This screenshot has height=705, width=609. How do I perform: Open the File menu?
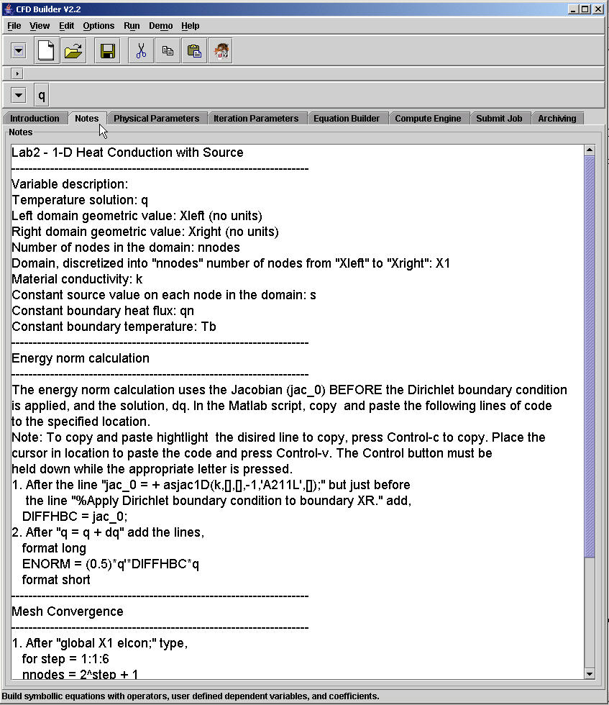(x=14, y=26)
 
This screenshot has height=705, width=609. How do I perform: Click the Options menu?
(x=99, y=26)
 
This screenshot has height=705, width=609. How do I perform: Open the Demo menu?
(x=160, y=26)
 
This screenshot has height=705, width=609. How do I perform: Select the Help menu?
(x=191, y=26)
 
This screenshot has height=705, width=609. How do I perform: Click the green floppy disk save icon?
(x=108, y=51)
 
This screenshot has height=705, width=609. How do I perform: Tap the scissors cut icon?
(x=141, y=51)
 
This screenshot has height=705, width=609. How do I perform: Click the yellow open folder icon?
(x=73, y=51)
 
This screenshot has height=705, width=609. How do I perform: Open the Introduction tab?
(x=35, y=119)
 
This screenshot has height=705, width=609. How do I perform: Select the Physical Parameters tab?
(x=156, y=119)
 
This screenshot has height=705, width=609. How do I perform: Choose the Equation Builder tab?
(x=347, y=119)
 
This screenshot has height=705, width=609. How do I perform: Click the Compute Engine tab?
(x=428, y=119)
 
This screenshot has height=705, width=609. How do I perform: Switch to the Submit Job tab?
(x=499, y=119)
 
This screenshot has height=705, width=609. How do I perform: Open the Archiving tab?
(x=557, y=119)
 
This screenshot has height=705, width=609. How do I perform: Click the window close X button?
(x=599, y=9)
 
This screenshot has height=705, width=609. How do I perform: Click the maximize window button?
(x=586, y=9)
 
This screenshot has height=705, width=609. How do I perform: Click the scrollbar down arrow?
(x=590, y=673)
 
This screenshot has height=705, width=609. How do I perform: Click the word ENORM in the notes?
(x=45, y=564)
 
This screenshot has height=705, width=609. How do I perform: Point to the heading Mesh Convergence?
(x=68, y=611)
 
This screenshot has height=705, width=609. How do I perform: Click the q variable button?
(x=42, y=95)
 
